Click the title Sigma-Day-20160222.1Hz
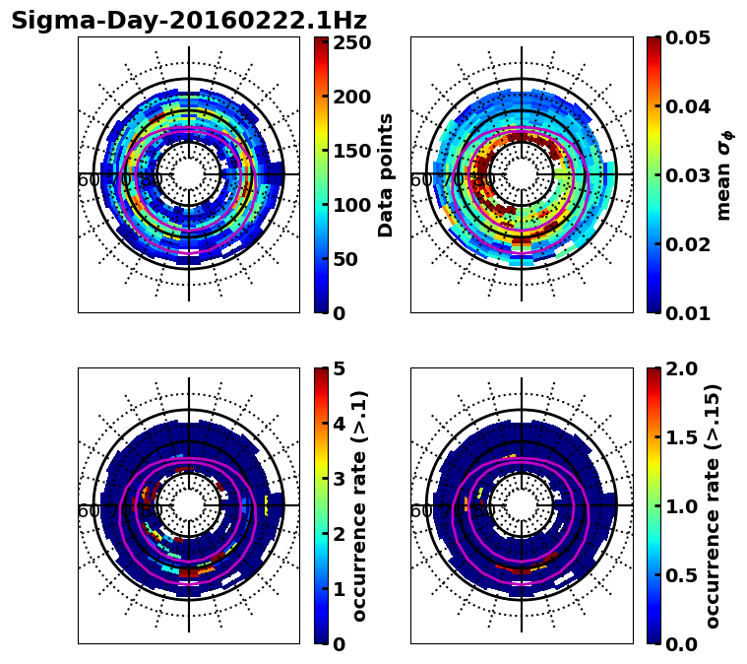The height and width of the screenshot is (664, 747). coord(188,21)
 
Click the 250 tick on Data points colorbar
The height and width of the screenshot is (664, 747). coord(351,42)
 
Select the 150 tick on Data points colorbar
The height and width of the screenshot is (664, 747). coord(351,151)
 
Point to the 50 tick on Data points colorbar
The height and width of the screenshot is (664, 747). coord(351,259)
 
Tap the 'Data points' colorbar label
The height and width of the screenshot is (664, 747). coord(386,174)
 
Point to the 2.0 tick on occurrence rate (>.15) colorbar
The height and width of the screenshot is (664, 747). coord(684,368)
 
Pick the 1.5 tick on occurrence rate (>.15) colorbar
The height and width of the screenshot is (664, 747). coord(684,437)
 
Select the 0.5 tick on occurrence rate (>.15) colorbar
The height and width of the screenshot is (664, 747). coord(684,575)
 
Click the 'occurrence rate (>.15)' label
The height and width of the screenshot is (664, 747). coord(713,505)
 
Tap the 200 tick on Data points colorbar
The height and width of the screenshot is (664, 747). coord(351,97)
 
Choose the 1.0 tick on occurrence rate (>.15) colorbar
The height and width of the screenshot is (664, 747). coord(684,506)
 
